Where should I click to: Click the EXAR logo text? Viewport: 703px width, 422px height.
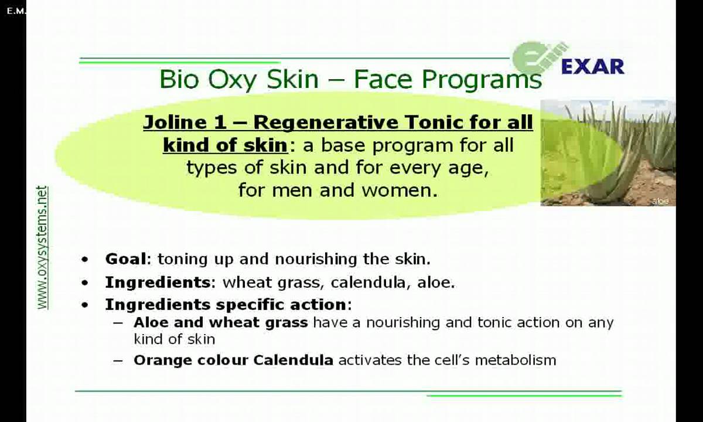click(x=592, y=67)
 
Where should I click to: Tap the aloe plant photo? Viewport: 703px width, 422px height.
click(x=608, y=152)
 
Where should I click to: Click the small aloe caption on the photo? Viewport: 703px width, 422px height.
click(x=660, y=201)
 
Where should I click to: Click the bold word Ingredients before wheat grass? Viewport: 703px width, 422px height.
click(x=157, y=283)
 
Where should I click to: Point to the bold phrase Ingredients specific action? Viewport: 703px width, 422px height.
click(x=226, y=305)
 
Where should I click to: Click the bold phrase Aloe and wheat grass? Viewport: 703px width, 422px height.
click(x=220, y=322)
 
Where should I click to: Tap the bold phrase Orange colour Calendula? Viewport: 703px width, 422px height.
click(x=233, y=360)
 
